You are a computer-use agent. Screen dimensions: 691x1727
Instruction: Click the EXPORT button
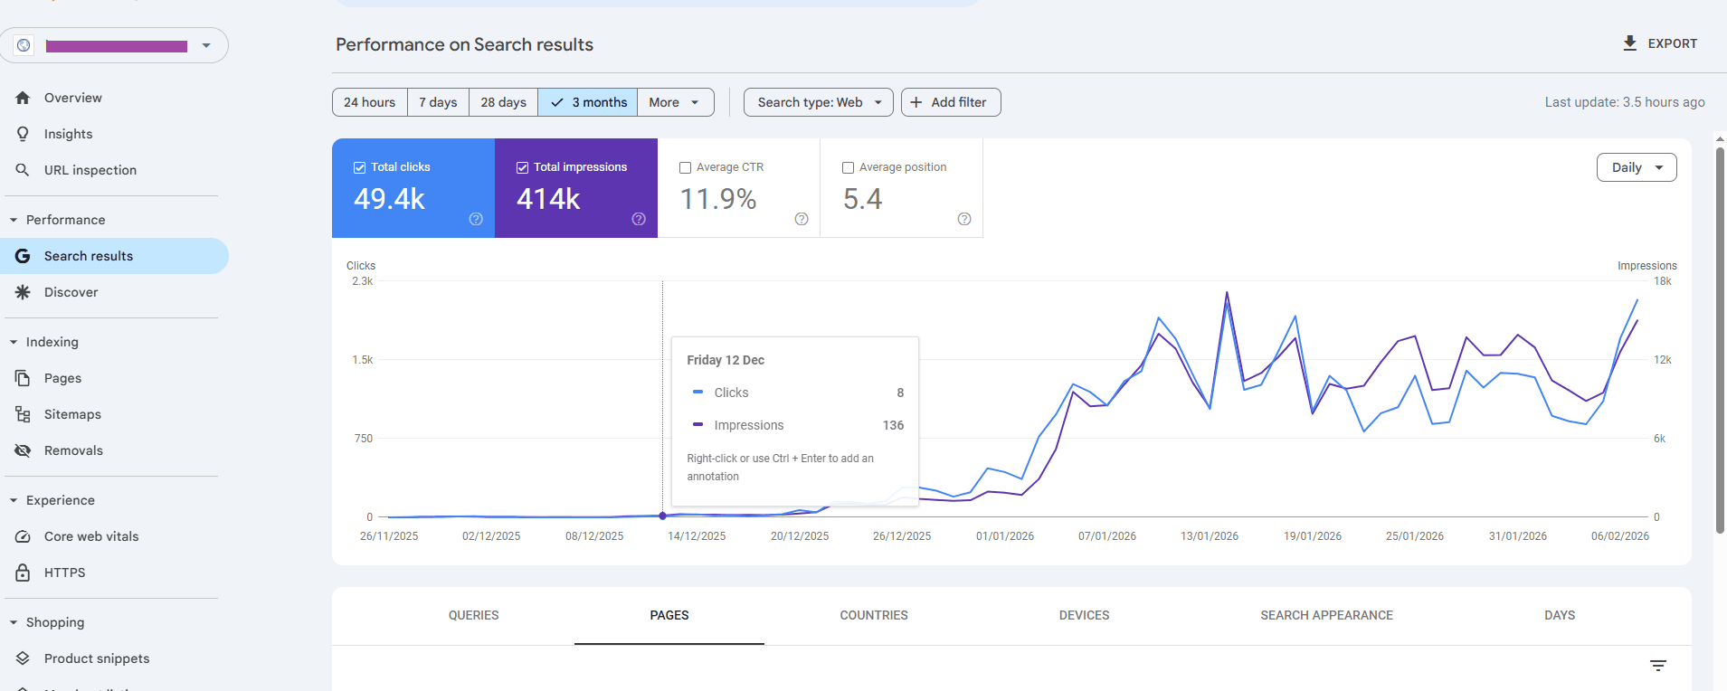pos(1660,43)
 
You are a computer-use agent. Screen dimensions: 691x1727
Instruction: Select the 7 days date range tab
pos(438,102)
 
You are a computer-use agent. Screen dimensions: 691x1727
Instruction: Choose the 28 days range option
pos(503,102)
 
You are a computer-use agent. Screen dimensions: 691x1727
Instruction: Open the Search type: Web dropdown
pos(818,102)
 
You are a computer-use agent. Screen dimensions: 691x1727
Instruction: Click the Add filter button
pos(950,102)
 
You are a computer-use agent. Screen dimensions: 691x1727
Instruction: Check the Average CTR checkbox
pos(686,167)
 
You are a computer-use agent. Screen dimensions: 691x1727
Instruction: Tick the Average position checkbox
pos(849,167)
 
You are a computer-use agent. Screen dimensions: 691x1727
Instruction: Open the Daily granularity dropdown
pos(1636,167)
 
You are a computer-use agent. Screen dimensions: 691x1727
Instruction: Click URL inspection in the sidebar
pos(90,170)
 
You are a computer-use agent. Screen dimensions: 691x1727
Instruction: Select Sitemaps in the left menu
pos(72,414)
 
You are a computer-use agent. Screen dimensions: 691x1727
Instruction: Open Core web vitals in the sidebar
pos(91,536)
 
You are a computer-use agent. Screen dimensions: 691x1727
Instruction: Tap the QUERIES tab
pos(473,615)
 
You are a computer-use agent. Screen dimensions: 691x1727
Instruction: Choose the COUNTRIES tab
pos(873,615)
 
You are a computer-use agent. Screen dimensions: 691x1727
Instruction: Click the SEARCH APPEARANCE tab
pos(1326,615)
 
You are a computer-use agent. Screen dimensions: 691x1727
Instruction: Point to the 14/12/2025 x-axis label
pos(697,536)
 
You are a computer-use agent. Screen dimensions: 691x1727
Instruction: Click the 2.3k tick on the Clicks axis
pos(362,281)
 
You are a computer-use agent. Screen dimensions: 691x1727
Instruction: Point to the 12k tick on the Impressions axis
pos(1662,360)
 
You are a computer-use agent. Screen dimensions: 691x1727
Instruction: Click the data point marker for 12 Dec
pos(663,516)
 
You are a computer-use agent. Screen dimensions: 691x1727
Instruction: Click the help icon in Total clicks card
pos(476,219)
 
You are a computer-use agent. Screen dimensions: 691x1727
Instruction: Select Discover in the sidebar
pos(71,292)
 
